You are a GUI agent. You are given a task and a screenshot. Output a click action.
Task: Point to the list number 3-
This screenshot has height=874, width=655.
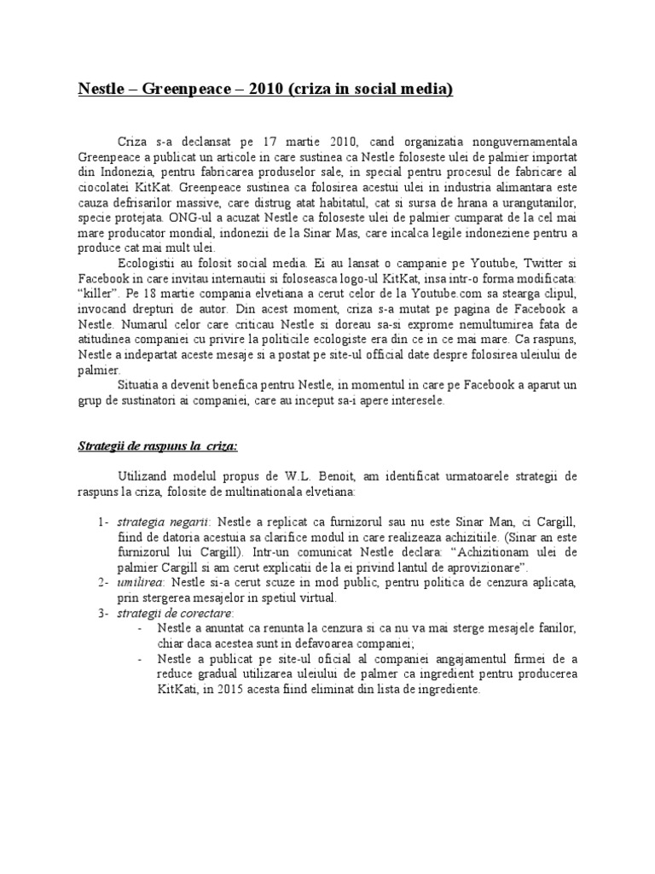pyautogui.click(x=101, y=613)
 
